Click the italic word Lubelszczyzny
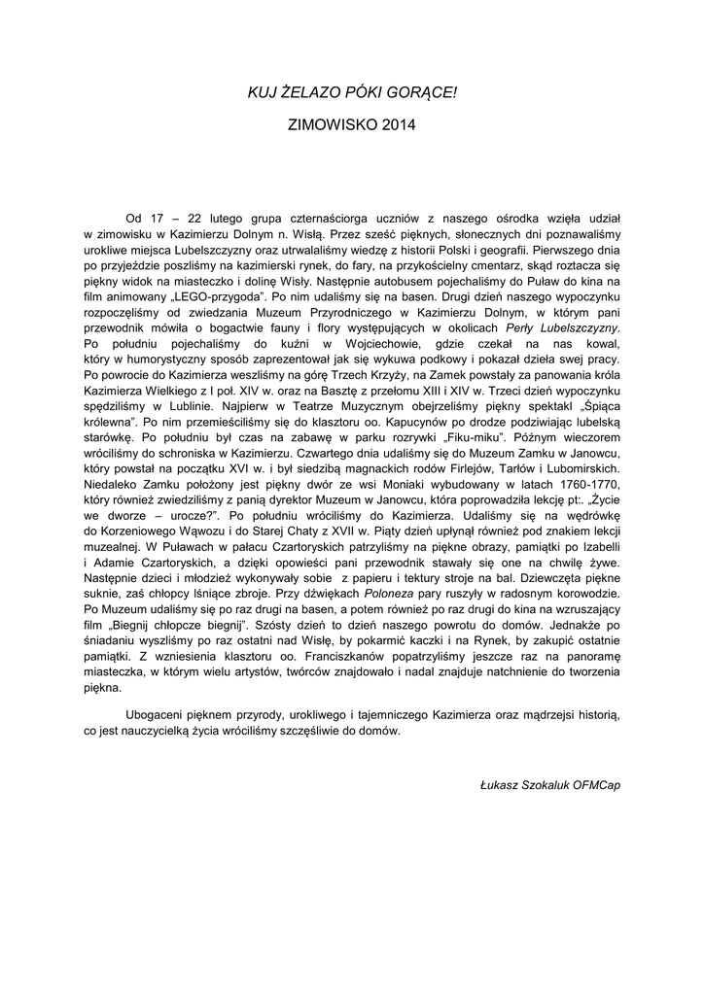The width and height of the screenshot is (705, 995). coord(580,327)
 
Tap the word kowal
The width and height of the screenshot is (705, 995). coord(601,343)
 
